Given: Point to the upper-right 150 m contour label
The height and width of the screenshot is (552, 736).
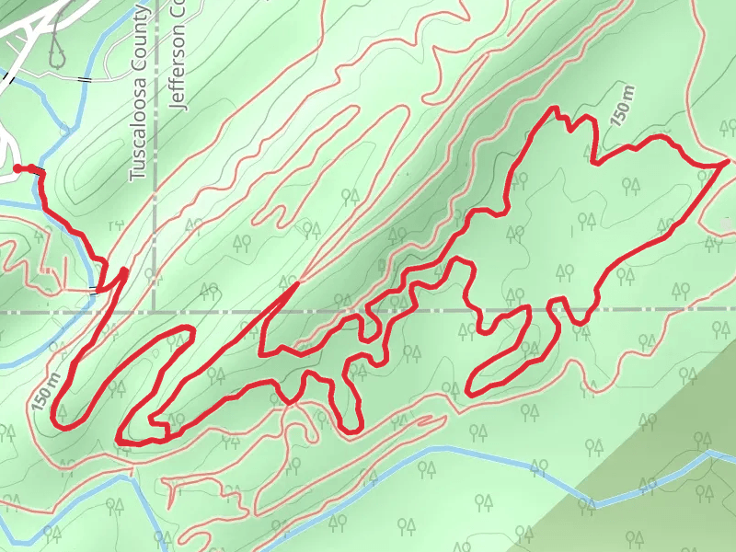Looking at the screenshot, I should click(623, 104).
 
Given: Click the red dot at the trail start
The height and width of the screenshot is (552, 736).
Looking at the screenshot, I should click(17, 167).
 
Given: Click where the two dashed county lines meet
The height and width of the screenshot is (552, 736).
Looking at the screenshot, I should click(155, 312).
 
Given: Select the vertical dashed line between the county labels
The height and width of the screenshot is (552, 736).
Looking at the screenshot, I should click(155, 184).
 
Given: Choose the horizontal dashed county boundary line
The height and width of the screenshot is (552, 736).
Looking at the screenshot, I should click(414, 312).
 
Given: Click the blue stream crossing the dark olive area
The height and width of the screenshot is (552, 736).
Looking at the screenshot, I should click(644, 488).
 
